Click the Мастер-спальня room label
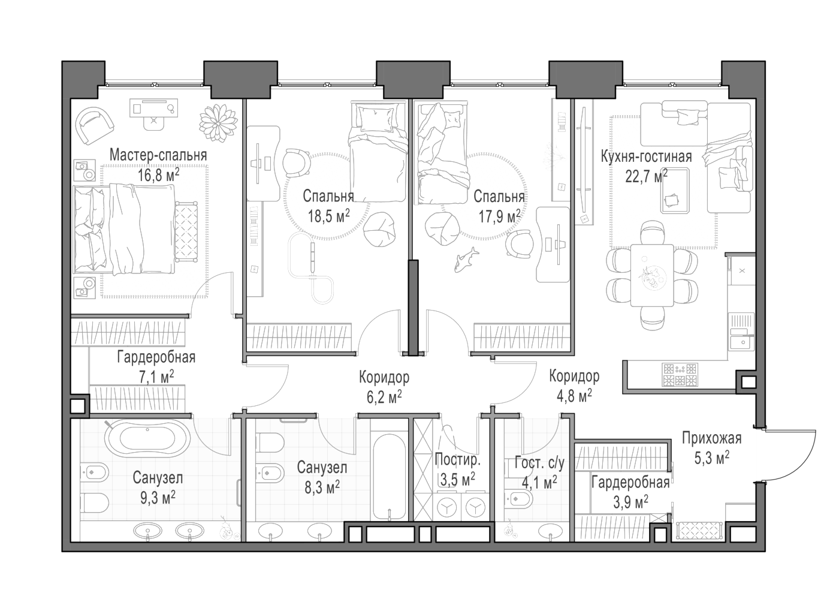[x=158, y=155]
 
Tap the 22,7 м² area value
[x=646, y=176]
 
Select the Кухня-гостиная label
[x=646, y=156]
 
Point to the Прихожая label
[x=711, y=438]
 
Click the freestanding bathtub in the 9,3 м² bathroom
[x=144, y=438]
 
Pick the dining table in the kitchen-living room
[x=652, y=275]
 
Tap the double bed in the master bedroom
[x=125, y=230]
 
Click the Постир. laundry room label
[x=457, y=460]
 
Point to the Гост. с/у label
[x=539, y=463]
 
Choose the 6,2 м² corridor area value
[x=384, y=396]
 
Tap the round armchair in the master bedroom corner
[x=95, y=126]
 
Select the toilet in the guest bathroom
[x=518, y=499]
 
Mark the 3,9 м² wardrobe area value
[x=630, y=502]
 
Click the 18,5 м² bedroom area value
[x=329, y=216]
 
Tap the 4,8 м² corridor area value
[x=574, y=396]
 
